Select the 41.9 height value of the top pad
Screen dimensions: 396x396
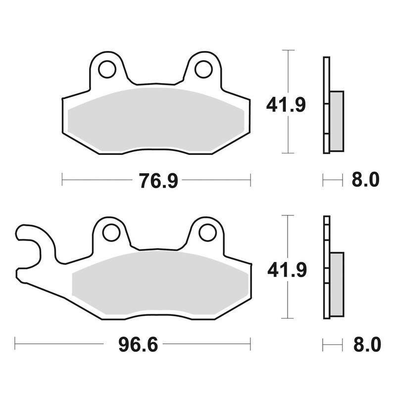point(286,104)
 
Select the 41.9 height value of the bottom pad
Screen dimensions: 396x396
point(286,270)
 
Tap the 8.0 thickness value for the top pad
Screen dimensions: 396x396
point(365,180)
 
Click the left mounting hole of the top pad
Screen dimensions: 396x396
point(106,70)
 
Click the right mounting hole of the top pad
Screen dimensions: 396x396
point(203,70)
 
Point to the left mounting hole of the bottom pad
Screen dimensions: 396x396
point(111,233)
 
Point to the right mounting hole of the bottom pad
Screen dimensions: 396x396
point(206,233)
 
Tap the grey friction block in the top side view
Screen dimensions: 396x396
point(336,121)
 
